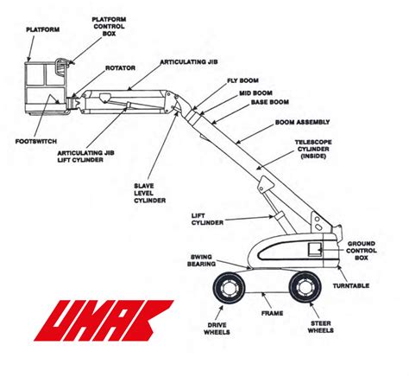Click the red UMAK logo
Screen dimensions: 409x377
pos(104,320)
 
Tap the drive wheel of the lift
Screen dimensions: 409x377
pos(229,287)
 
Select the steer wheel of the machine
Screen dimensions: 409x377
pos(305,287)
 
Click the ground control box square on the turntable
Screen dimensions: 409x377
pos(315,249)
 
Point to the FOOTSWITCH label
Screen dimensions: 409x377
pos(36,141)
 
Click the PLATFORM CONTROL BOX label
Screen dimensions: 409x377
pos(109,27)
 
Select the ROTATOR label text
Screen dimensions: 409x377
pos(120,68)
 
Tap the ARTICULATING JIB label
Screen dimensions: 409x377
pos(189,62)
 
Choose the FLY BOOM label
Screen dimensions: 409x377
pos(242,80)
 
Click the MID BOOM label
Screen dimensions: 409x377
pos(255,93)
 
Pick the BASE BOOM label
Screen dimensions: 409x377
pos(270,102)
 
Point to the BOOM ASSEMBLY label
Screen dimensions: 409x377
pos(302,122)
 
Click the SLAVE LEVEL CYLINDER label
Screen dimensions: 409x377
pos(149,193)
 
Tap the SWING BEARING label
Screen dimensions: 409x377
pos(201,260)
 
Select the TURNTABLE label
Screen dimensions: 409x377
pos(351,286)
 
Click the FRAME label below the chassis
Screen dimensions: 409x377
pos(272,313)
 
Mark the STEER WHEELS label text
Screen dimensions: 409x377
pos(320,327)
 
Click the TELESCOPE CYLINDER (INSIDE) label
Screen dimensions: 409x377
pos(313,150)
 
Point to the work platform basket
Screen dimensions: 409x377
pos(46,87)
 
